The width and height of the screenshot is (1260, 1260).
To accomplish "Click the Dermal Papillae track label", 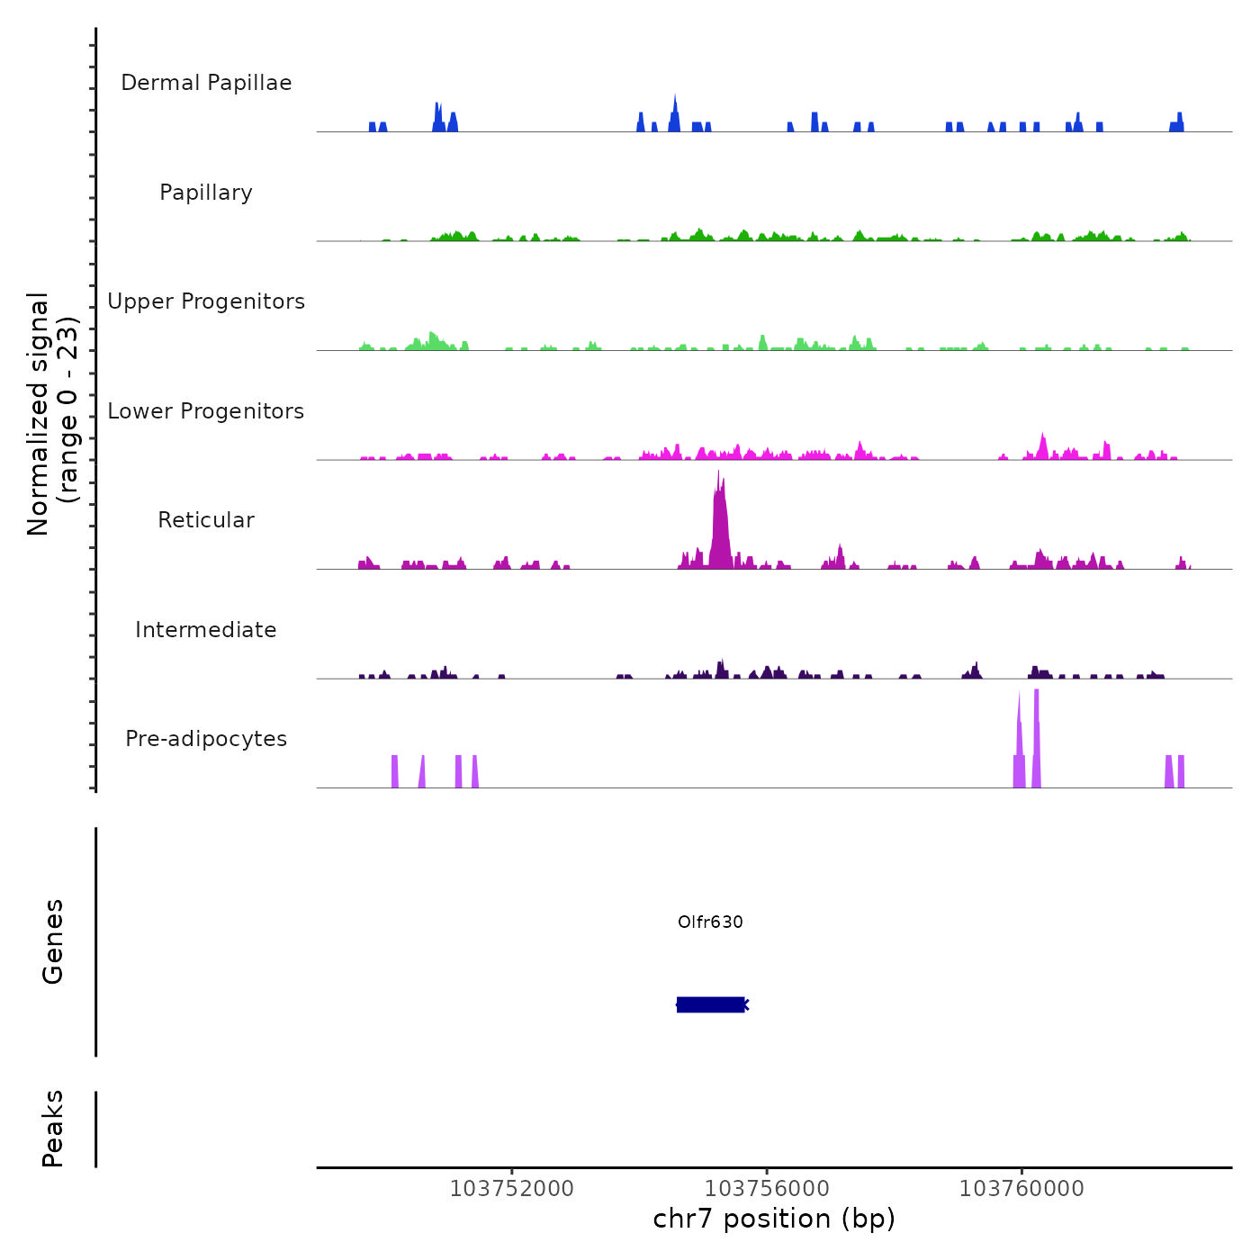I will pyautogui.click(x=206, y=83).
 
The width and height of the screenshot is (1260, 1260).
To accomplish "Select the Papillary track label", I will pyautogui.click(x=206, y=193).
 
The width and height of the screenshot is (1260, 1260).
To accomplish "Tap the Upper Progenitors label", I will pyautogui.click(x=206, y=301).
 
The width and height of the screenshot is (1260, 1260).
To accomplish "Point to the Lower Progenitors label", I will pyautogui.click(x=206, y=411).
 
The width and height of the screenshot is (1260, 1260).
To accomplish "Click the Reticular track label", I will pyautogui.click(x=206, y=520).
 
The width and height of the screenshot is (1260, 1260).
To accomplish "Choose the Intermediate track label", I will pyautogui.click(x=206, y=630).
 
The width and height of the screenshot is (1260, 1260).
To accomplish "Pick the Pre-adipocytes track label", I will pyautogui.click(x=206, y=739).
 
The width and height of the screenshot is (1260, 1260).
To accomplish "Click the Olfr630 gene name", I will pyautogui.click(x=710, y=922).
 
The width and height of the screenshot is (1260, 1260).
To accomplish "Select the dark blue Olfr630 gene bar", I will pyautogui.click(x=711, y=1004).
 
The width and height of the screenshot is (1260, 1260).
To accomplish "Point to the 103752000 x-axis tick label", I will pyautogui.click(x=511, y=1188).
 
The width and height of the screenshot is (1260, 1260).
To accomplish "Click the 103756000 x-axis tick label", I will pyautogui.click(x=767, y=1188).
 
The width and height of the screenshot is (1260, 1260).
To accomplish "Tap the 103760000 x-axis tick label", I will pyautogui.click(x=1021, y=1188).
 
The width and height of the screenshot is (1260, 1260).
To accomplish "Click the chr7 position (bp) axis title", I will pyautogui.click(x=774, y=1219).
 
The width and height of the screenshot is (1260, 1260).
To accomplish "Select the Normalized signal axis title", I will pyautogui.click(x=52, y=414).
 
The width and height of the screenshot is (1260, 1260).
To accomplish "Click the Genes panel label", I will pyautogui.click(x=53, y=941).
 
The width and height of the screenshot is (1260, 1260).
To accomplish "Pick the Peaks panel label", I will pyautogui.click(x=53, y=1129).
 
